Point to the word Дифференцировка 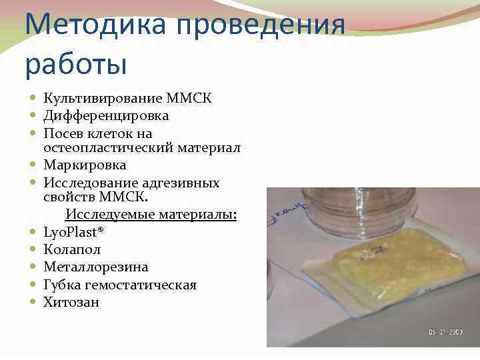[106, 116]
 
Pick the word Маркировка [85, 165]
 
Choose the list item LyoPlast [74, 233]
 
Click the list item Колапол [72, 250]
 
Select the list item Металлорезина [95, 267]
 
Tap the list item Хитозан [71, 303]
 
